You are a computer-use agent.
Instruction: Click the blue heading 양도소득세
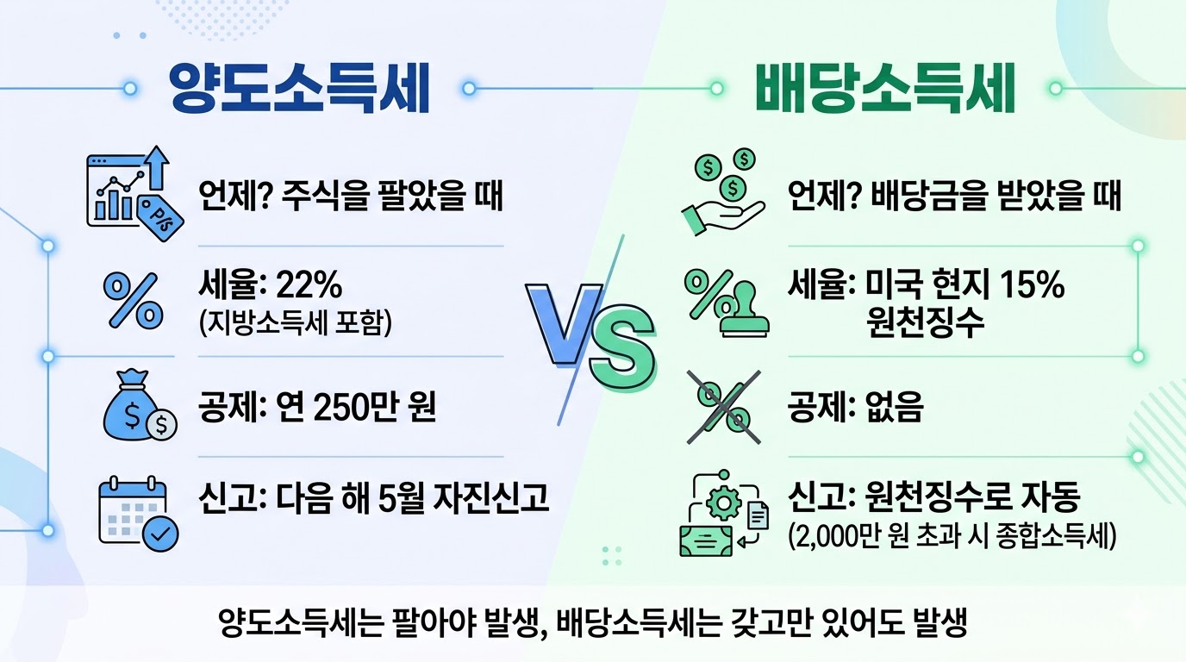pyautogui.click(x=298, y=90)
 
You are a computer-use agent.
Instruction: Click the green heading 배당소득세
pyautogui.click(x=885, y=90)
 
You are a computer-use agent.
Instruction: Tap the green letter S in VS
pyautogui.click(x=620, y=354)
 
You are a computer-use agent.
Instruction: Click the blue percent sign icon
pyautogui.click(x=133, y=299)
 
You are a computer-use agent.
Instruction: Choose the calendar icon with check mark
pyautogui.click(x=136, y=509)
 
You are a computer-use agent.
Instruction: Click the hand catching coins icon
pyautogui.click(x=721, y=192)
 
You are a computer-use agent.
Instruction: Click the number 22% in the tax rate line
pyautogui.click(x=313, y=285)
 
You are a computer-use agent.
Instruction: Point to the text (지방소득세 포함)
pyautogui.click(x=294, y=323)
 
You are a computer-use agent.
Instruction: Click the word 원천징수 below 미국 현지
pyautogui.click(x=927, y=324)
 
